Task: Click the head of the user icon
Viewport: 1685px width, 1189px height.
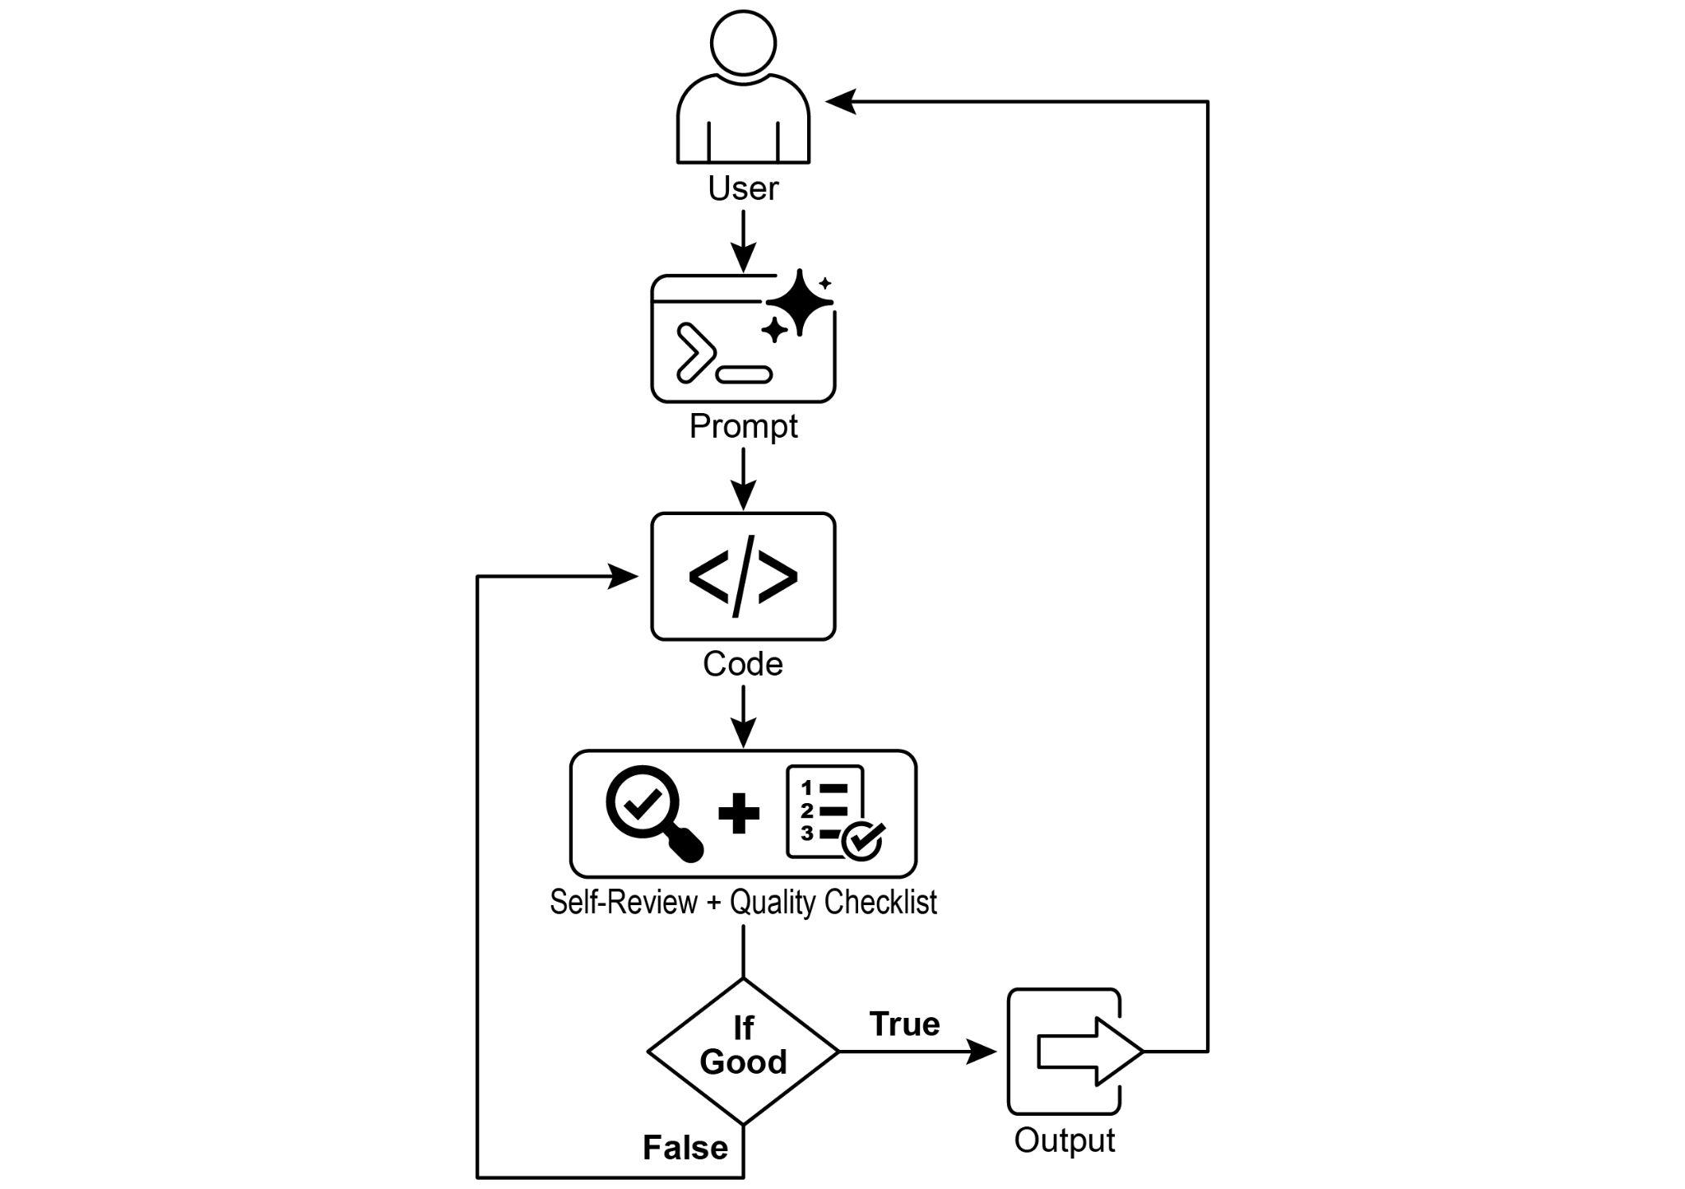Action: (x=743, y=43)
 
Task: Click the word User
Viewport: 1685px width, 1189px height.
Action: (x=743, y=188)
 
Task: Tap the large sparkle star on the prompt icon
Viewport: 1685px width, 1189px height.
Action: (x=799, y=301)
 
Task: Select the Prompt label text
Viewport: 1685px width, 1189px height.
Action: (x=743, y=426)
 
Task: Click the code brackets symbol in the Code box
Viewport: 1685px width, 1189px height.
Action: (x=743, y=576)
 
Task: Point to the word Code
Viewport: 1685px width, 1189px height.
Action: (x=743, y=664)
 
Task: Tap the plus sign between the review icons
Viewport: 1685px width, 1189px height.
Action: (x=739, y=814)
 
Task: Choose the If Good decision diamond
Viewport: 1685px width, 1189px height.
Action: (x=743, y=1051)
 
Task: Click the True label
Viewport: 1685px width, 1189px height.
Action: (x=904, y=1024)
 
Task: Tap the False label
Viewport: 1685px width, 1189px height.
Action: (x=685, y=1147)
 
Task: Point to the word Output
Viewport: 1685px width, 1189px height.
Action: (x=1065, y=1140)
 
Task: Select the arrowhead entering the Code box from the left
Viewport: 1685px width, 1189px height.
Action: (x=623, y=576)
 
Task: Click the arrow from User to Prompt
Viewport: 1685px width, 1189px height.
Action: (x=743, y=240)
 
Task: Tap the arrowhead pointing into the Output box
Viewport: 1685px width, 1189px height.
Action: (x=981, y=1051)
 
